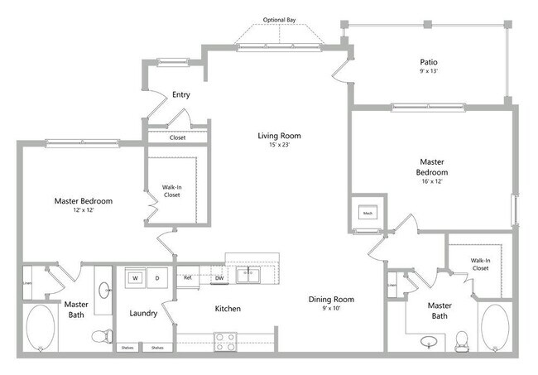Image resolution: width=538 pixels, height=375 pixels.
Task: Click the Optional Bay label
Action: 279,20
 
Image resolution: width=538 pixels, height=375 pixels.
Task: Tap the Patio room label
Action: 428,62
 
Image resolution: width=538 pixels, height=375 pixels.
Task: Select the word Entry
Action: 180,94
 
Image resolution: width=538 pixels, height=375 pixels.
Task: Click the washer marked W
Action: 135,278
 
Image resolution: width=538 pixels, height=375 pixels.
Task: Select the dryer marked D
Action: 156,278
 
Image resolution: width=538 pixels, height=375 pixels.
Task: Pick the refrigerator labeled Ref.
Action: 188,278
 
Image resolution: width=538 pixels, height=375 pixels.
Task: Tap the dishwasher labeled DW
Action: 219,278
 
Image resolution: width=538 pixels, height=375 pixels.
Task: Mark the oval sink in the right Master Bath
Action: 429,341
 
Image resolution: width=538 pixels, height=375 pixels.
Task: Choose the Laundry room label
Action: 143,313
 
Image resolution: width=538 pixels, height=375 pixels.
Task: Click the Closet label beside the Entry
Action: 178,137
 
